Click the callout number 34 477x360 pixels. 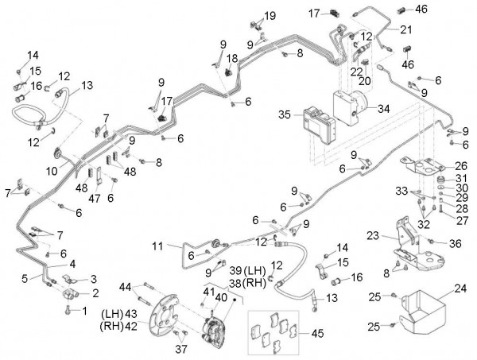384,109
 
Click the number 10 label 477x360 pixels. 51,170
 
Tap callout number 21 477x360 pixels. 405,30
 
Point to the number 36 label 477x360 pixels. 456,242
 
